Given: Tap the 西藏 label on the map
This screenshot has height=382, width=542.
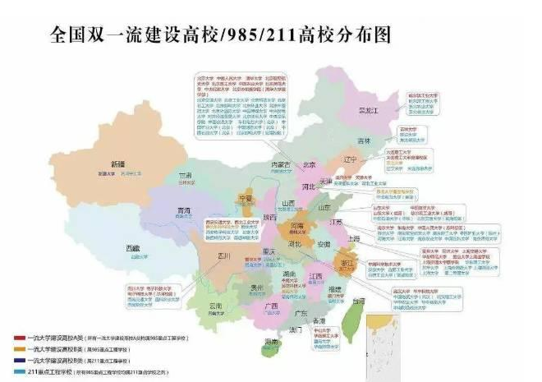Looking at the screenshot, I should [133, 247].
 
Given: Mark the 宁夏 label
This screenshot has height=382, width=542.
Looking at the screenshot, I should [245, 198].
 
